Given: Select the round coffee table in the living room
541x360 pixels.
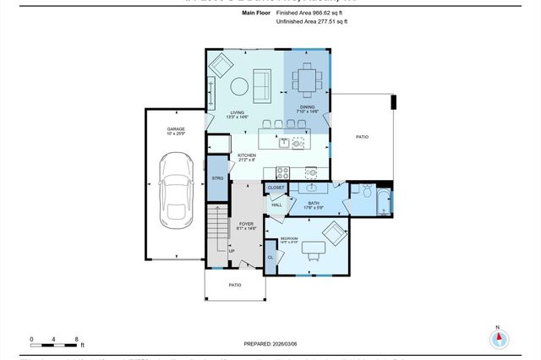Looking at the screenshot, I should (239, 86).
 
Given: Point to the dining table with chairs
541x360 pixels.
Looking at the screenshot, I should (306, 81).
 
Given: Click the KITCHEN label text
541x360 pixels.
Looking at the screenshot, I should (246, 155).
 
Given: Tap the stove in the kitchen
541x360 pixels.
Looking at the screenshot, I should (283, 172).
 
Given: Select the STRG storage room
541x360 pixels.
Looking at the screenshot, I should (217, 179).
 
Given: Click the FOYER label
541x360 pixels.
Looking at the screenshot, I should (246, 224).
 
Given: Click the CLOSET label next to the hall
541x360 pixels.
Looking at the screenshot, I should (276, 188).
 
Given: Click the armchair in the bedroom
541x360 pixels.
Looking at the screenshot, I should (333, 233).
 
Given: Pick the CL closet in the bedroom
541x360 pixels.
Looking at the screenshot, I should (270, 257).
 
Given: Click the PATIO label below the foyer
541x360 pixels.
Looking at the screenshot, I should (236, 285).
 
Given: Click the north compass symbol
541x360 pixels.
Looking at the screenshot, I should (499, 338).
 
